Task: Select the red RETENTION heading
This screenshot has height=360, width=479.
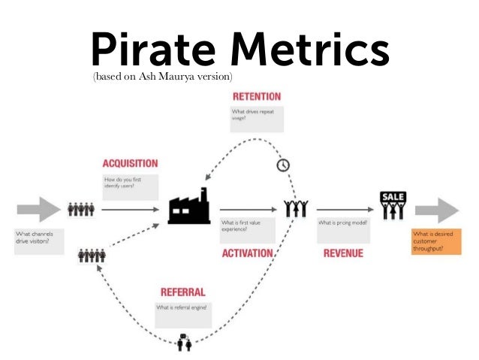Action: pos(257,97)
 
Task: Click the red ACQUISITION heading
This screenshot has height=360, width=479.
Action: pos(131,163)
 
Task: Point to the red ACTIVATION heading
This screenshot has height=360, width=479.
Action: pos(247,253)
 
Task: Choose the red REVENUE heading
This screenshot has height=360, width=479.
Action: pos(343,253)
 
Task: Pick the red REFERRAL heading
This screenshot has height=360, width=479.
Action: pos(182,292)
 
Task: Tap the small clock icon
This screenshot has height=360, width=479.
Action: pos(282,165)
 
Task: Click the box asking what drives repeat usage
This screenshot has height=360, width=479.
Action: pos(257,118)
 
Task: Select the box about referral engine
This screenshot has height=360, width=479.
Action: pos(182,313)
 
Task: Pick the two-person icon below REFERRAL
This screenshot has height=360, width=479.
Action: pos(184,344)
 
